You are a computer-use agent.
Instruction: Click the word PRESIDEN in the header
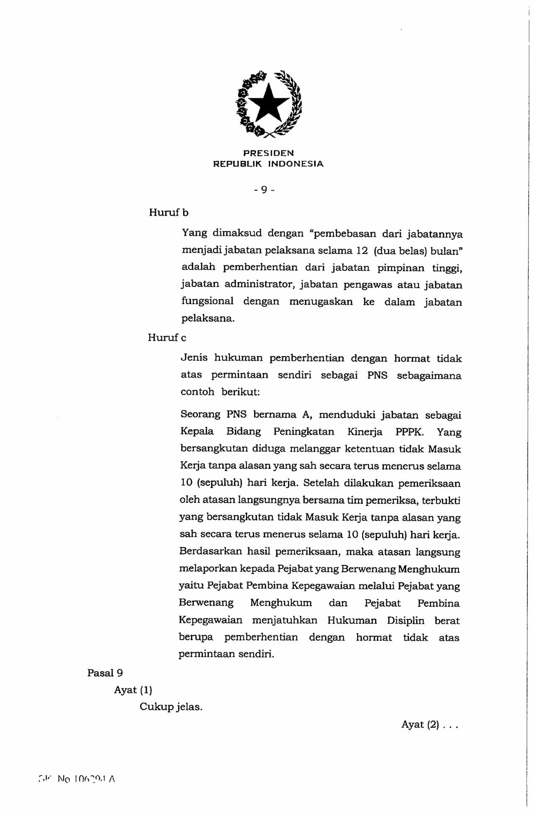268,153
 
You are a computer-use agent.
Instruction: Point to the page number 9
264,190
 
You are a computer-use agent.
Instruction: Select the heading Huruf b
169,213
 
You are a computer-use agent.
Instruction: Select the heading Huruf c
167,338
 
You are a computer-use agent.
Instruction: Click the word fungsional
207,301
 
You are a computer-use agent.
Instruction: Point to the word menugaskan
321,302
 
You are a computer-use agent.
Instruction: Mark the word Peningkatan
304,432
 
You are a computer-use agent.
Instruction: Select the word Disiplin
405,621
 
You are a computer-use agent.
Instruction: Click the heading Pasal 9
105,673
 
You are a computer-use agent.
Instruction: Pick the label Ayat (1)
133,690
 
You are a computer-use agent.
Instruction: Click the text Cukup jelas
171,707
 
